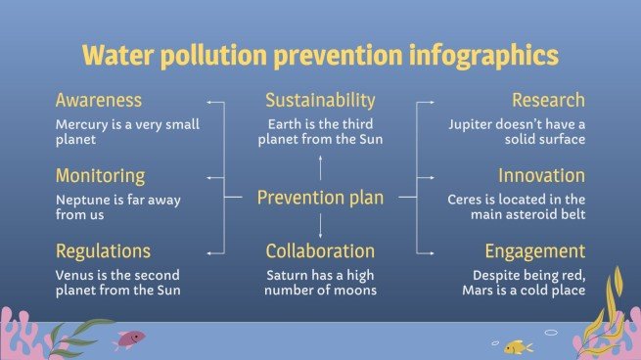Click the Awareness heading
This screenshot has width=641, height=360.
99,101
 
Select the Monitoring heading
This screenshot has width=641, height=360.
101,176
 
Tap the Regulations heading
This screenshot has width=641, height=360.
104,251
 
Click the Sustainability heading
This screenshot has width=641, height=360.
320,101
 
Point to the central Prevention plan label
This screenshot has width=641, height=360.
320,199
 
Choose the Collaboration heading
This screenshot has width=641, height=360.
320,251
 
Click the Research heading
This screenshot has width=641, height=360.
548,101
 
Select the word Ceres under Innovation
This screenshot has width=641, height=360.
453,200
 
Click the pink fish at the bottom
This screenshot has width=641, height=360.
129,338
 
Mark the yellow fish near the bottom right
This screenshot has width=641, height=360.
518,346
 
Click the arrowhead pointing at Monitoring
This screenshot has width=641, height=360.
209,177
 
